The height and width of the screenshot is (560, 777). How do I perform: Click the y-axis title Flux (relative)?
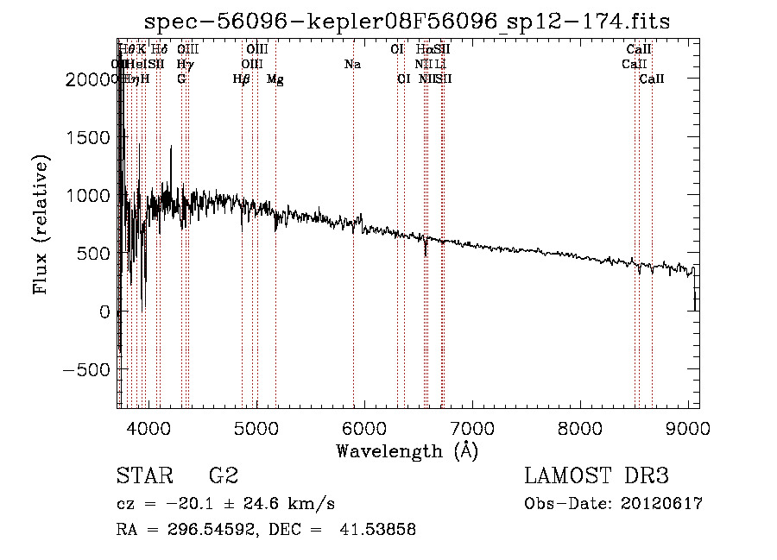point(41,224)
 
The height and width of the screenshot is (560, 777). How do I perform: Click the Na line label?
point(352,65)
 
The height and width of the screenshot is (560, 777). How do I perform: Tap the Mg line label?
point(275,79)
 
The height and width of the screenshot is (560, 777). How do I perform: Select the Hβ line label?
point(241,79)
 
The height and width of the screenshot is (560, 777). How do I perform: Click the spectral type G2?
point(224,476)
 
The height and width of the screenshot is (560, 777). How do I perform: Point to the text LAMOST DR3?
point(597,476)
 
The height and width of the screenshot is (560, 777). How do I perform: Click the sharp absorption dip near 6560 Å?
point(425,253)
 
